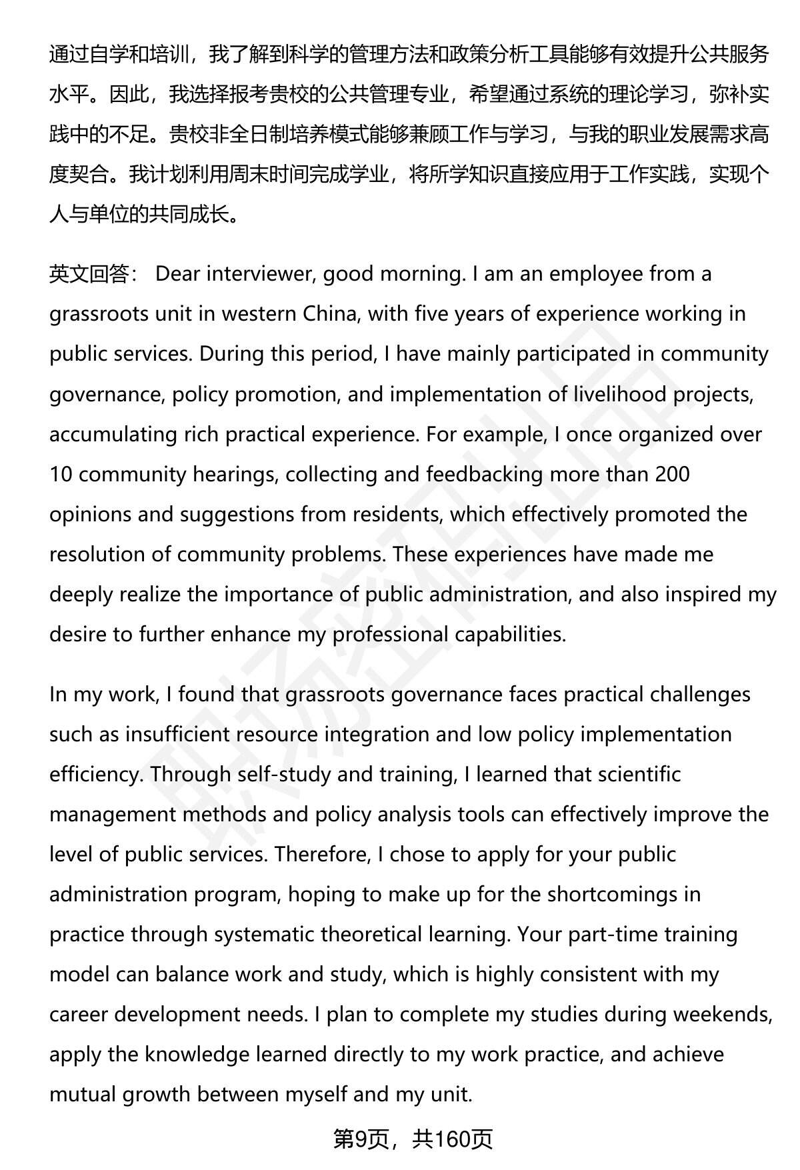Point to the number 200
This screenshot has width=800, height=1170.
point(668,474)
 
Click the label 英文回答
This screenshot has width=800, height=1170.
point(89,274)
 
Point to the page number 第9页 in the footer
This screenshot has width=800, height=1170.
point(361,1139)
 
